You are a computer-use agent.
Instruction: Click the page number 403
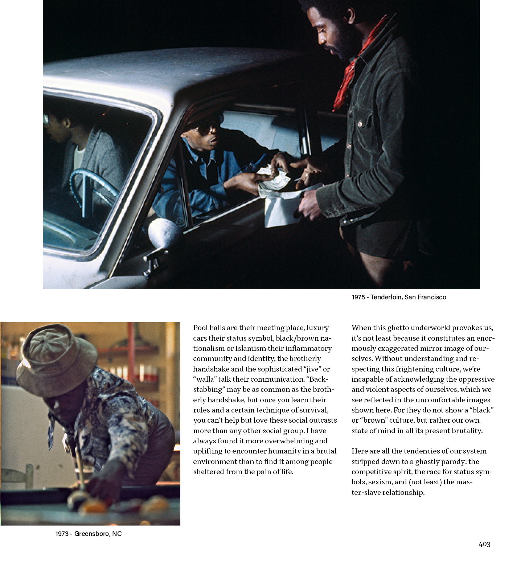(484, 544)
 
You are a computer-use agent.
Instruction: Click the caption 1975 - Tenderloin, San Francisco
(399, 297)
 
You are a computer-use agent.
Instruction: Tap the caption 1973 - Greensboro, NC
(89, 534)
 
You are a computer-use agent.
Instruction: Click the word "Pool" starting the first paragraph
(200, 328)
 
